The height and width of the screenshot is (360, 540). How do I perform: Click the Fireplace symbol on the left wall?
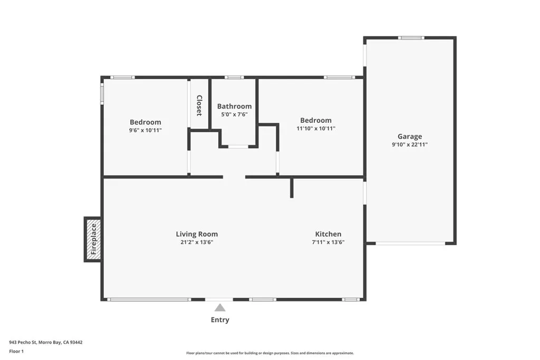coord(93,239)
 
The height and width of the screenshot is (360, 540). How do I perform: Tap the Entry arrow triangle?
coord(220,307)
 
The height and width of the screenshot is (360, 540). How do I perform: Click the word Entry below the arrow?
coord(220,320)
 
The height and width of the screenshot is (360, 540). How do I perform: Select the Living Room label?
coord(197,234)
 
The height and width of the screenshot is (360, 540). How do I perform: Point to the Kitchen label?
coord(328,234)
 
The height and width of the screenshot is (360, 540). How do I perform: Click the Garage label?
coord(410,137)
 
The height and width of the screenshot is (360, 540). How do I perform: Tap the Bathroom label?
coord(234,106)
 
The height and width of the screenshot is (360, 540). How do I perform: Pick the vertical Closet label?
coord(199,105)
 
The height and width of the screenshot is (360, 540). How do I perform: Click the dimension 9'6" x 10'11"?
coord(146,130)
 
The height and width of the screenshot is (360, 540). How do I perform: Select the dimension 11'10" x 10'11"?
coord(316,128)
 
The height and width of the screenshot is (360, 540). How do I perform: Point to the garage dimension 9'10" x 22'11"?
coord(410,144)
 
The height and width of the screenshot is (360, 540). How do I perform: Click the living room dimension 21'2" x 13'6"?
coord(197,242)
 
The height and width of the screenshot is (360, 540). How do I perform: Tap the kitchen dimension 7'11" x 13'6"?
coord(328,242)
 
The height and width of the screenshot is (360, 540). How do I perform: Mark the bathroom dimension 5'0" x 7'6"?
coord(234,114)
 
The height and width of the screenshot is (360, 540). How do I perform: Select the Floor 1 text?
coord(16,351)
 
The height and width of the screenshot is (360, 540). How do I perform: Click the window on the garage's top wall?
coord(411,37)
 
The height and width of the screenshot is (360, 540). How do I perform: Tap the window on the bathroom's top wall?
coord(234,77)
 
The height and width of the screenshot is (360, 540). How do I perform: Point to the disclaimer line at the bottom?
coord(269,353)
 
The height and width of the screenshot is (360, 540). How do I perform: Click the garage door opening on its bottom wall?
coord(410,244)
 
